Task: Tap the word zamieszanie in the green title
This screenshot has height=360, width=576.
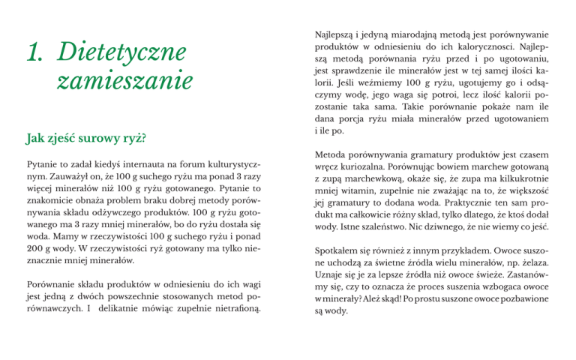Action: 124,80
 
